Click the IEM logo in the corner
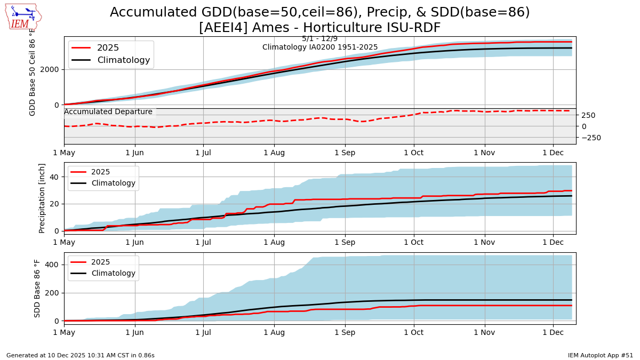[x=23, y=17]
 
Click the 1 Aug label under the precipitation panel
[x=274, y=242]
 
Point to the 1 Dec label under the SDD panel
[x=553, y=332]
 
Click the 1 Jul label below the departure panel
[x=203, y=153]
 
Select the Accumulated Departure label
[x=108, y=112]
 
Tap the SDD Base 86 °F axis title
[x=37, y=288]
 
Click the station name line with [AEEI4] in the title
[x=320, y=28]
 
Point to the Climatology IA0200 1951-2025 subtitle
[x=320, y=47]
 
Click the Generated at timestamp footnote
[x=81, y=355]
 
